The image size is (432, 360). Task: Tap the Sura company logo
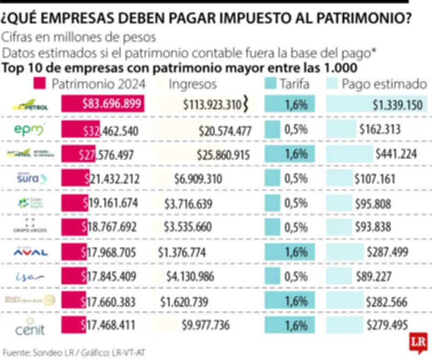(30, 178)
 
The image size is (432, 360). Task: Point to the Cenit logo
(30, 326)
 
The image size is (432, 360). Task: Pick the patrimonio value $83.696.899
(112, 104)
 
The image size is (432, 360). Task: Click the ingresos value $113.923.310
(212, 105)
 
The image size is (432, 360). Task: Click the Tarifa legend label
(294, 84)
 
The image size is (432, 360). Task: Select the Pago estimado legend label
(384, 84)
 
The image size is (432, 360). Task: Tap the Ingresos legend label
(193, 84)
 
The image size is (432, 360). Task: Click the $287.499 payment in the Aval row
(387, 252)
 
